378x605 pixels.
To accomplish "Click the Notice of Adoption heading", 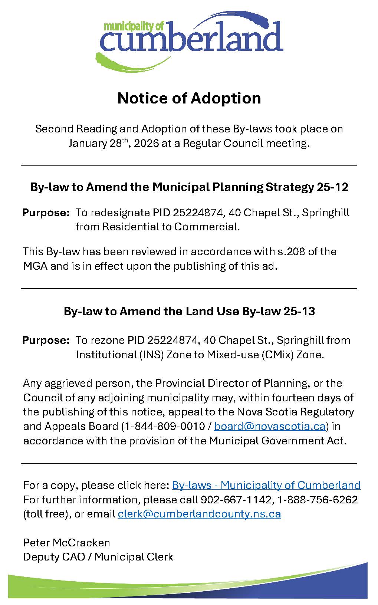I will tap(189, 98).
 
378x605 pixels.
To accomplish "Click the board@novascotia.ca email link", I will tap(270, 426).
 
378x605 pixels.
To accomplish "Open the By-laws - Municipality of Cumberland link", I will tap(266, 485).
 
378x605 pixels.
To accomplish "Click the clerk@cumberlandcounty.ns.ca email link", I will tap(199, 514).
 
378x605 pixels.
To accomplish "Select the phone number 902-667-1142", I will tap(236, 500).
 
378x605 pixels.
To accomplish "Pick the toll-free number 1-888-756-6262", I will tap(318, 500).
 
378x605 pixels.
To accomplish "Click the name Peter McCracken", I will tap(67, 543).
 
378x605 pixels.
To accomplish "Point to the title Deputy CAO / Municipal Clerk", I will tap(98, 557).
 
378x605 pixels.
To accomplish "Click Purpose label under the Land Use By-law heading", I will tap(46, 340).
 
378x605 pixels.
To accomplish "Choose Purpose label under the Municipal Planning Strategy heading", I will tap(46, 213).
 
